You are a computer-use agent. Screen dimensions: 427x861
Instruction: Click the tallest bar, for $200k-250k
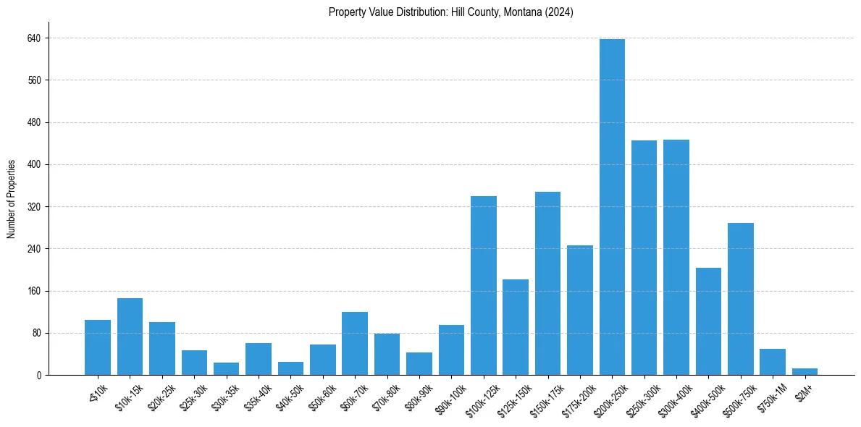[612, 207]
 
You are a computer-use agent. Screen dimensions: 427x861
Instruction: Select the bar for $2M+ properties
[805, 371]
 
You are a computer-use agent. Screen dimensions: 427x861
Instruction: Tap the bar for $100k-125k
[483, 285]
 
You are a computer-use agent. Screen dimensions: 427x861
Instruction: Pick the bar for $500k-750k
[740, 299]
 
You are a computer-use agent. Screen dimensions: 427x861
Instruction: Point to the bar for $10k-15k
[130, 337]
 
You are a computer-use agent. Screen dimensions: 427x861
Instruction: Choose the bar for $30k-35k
[226, 368]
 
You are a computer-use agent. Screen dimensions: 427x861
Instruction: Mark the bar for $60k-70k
[355, 343]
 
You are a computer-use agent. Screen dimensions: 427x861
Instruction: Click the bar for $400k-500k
[708, 321]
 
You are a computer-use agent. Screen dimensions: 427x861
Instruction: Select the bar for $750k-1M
[773, 362]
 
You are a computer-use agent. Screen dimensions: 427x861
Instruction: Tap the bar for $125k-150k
[516, 327]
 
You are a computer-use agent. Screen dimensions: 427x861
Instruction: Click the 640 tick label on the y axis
[34, 38]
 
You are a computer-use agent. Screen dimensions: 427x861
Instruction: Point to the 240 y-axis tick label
[34, 249]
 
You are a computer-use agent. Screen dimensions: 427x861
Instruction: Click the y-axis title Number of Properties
[12, 199]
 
